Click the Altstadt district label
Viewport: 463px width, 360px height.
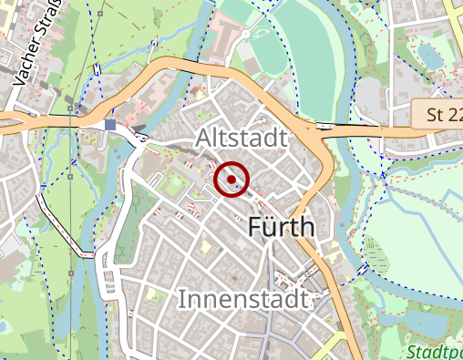click(x=241, y=138)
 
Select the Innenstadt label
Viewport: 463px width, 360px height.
click(x=245, y=298)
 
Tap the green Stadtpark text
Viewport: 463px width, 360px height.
click(x=435, y=352)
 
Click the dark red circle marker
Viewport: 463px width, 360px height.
click(x=231, y=179)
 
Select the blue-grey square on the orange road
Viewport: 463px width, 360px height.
click(x=110, y=125)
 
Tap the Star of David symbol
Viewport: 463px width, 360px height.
click(x=258, y=189)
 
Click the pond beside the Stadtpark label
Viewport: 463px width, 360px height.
click(x=421, y=321)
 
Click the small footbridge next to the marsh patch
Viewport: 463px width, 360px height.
click(x=364, y=268)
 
